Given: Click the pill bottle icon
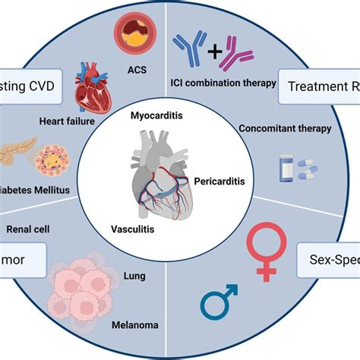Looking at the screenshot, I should point(287,166).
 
